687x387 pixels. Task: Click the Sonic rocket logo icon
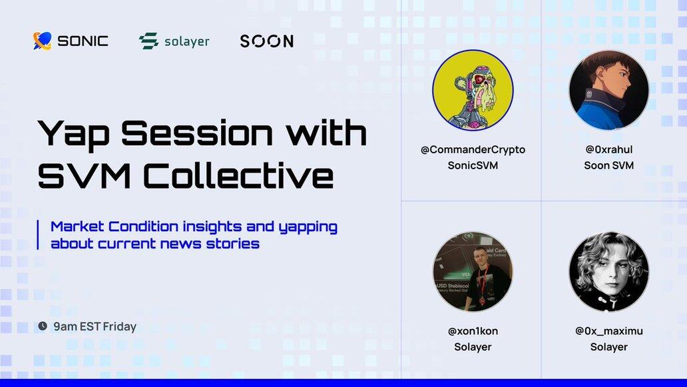pos(43,41)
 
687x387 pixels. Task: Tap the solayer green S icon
pos(148,41)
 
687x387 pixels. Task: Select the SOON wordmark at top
pos(267,41)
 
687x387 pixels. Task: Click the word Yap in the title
pos(73,134)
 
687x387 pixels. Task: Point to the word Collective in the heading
pos(238,176)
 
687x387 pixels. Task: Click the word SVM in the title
pos(84,176)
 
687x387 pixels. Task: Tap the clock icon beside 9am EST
pos(43,326)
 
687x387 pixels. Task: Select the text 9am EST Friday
pos(95,326)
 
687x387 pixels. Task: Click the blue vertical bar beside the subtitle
pos(38,235)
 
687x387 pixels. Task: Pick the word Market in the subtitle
pos(77,226)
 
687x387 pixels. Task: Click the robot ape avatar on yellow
pos(473,91)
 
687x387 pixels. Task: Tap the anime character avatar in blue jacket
pos(608,91)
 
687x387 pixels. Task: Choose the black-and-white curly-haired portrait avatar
pos(608,272)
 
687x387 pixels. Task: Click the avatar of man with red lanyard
pos(473,272)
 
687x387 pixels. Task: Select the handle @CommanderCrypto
pos(473,150)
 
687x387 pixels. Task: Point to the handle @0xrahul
pos(609,149)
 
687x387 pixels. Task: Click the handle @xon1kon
pos(473,331)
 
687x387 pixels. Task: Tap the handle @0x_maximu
pos(609,331)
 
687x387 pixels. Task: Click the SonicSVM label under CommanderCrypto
pos(473,165)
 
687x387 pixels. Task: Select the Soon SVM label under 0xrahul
pos(609,165)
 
